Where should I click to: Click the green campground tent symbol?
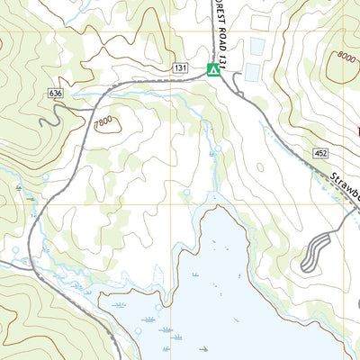(213, 70)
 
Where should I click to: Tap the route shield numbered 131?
(181, 68)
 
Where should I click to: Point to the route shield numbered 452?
(321, 155)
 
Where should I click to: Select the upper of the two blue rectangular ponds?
(258, 46)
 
